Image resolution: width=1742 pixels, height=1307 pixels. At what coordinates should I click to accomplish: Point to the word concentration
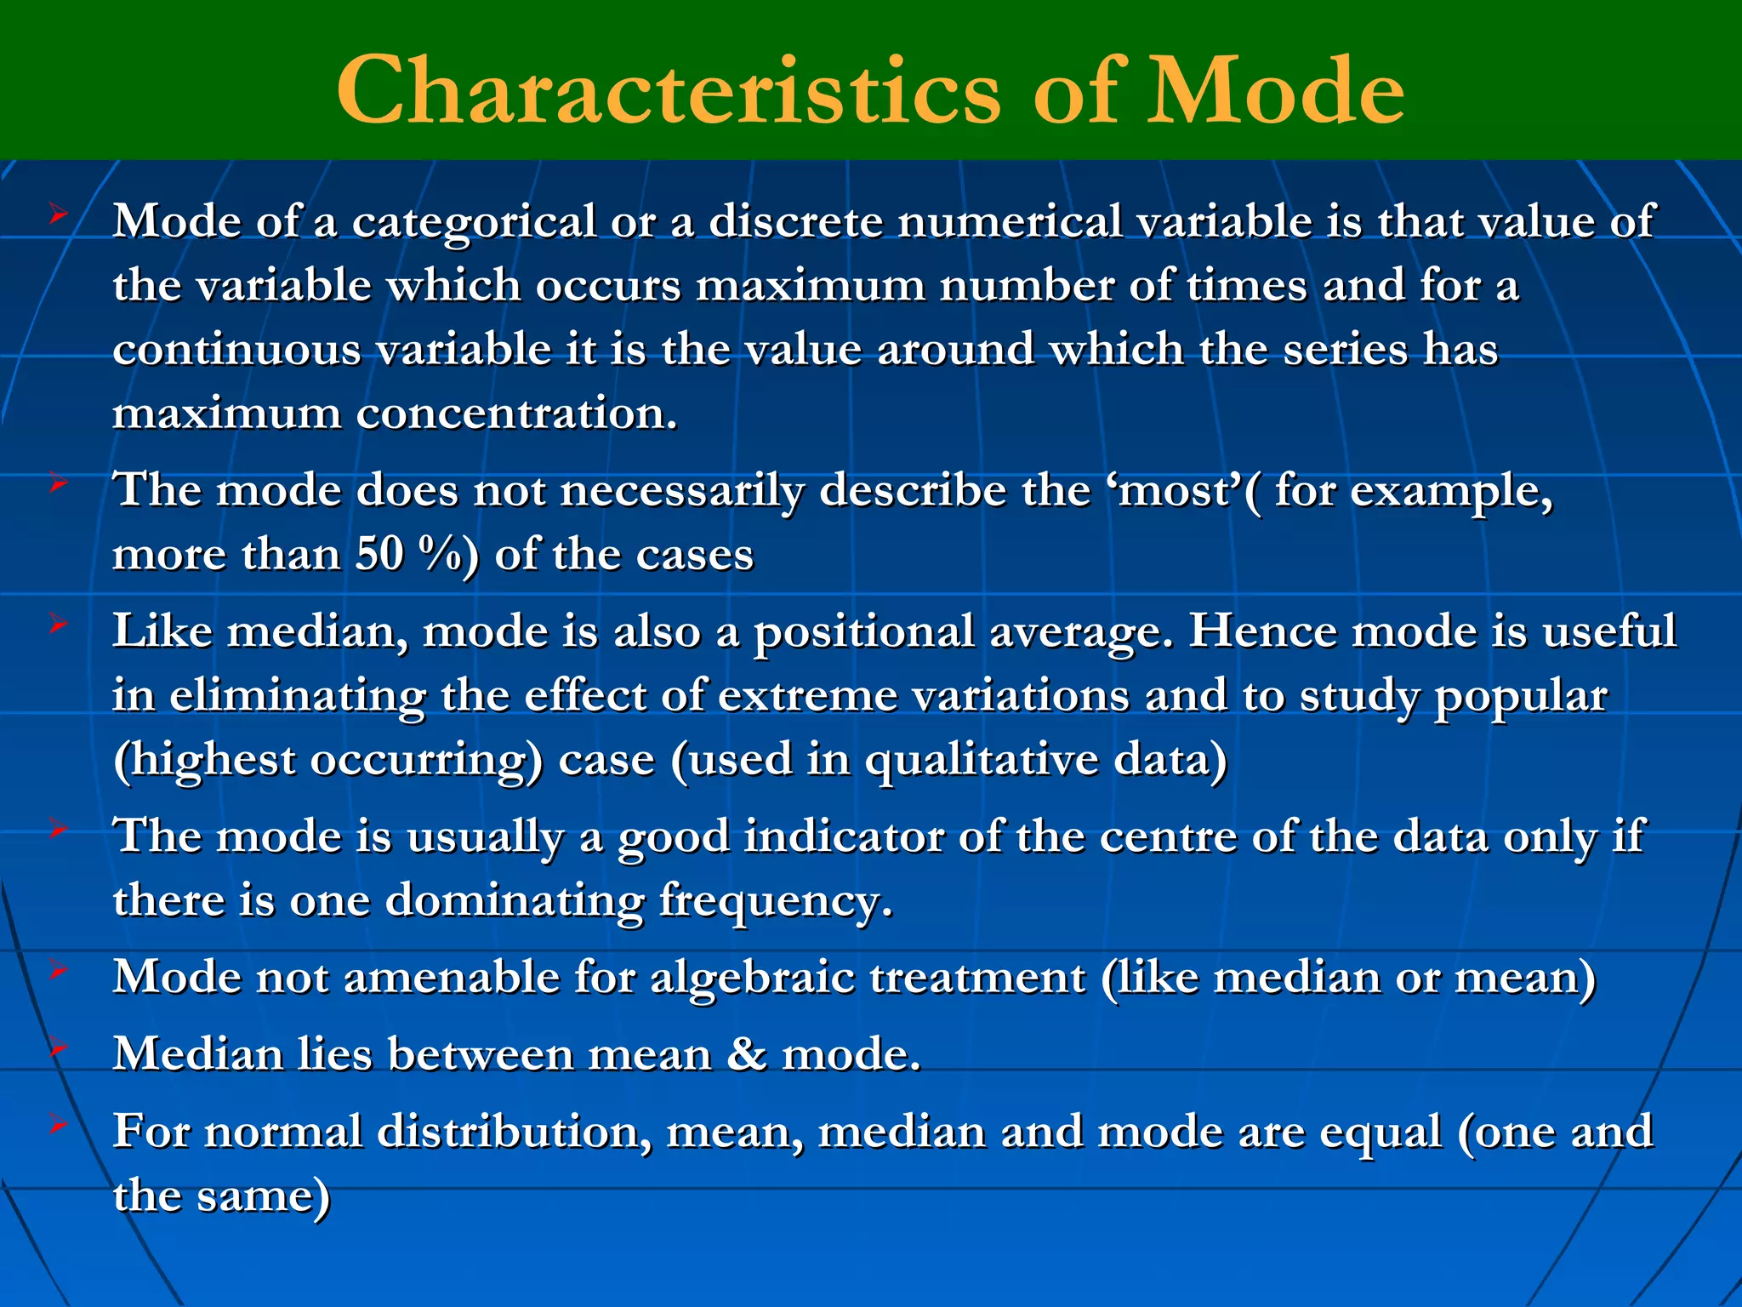pyautogui.click(x=516, y=414)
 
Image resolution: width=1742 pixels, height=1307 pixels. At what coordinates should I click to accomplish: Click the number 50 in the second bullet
pyautogui.click(x=379, y=555)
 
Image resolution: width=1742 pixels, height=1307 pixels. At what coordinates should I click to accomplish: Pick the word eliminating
pyautogui.click(x=297, y=697)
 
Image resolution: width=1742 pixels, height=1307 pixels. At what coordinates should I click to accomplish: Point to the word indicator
pyautogui.click(x=844, y=837)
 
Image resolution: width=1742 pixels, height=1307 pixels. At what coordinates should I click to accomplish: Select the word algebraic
pyautogui.click(x=752, y=978)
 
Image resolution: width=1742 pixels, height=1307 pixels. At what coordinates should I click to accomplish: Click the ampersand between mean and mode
pyautogui.click(x=746, y=1054)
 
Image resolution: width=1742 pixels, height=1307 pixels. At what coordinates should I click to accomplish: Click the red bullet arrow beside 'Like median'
pyautogui.click(x=58, y=625)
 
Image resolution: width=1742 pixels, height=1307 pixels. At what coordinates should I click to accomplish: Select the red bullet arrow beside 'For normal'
pyautogui.click(x=58, y=1124)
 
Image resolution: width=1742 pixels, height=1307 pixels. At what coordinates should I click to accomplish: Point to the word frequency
pyautogui.click(x=775, y=901)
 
